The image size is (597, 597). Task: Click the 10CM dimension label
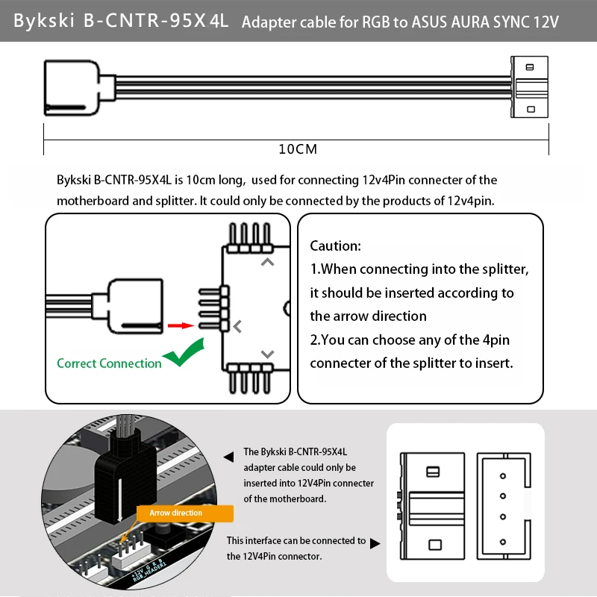coord(298,149)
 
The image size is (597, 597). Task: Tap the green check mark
coord(184,353)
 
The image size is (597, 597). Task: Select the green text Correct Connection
coord(109,363)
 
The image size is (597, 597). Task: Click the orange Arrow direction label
coord(175,513)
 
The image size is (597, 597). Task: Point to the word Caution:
coord(335,246)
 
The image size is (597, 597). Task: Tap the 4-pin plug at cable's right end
coord(529,87)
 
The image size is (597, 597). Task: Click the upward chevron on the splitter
coord(267,263)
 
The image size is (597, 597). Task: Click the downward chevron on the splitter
coord(267,354)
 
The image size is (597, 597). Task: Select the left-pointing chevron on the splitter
coord(237,326)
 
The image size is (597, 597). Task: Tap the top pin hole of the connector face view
coord(502,475)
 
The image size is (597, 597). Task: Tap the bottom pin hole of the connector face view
coord(502,542)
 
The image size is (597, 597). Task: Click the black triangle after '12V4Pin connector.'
coord(375,543)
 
